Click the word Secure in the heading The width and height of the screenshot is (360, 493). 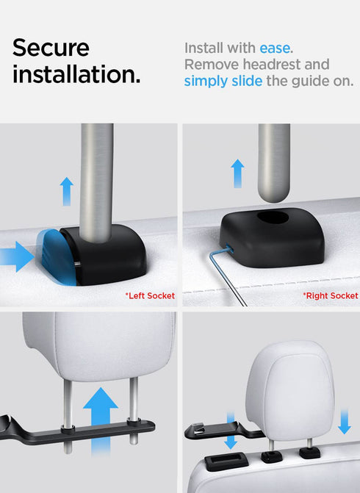point(51,48)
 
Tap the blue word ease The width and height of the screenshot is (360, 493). point(275,48)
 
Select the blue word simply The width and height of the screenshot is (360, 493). point(206,81)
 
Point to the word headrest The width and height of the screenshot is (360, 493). point(273,65)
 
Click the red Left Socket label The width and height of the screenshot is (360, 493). point(151,295)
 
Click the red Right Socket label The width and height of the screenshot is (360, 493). point(331,295)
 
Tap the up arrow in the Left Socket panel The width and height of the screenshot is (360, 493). point(67,192)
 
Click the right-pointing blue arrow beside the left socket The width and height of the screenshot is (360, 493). point(17,256)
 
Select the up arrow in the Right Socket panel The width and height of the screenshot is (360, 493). point(238,173)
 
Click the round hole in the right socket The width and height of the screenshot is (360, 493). point(273,217)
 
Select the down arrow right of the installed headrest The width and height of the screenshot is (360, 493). point(345,422)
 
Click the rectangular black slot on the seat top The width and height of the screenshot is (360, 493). point(226,461)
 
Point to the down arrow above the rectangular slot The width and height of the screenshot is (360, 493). point(231,431)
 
